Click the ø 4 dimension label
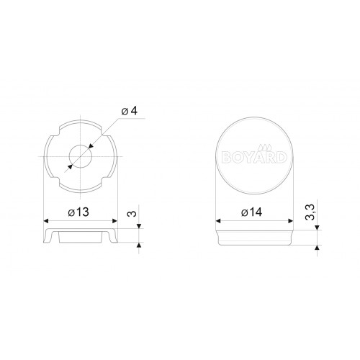[130, 111]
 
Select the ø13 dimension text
[78, 212]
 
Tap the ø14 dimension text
[252, 212]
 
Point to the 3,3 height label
[310, 212]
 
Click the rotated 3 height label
[132, 213]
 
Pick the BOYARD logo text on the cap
[255, 158]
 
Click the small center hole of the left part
[81, 156]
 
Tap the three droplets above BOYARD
[265, 148]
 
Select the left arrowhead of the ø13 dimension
[46, 221]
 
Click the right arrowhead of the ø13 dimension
[114, 221]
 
